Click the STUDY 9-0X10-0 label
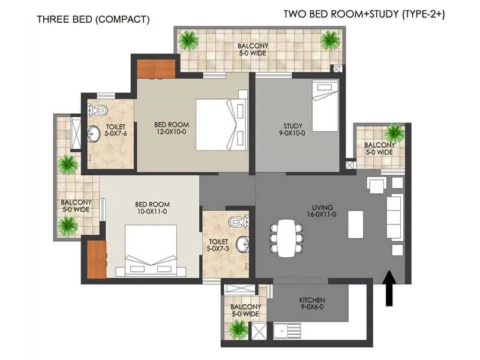pyautogui.click(x=295, y=130)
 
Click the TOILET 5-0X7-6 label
pyautogui.click(x=115, y=131)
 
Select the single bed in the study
pyautogui.click(x=325, y=106)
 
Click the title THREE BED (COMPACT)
pyautogui.click(x=93, y=19)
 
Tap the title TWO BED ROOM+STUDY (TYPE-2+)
pyautogui.click(x=364, y=14)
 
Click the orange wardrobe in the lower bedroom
pyautogui.click(x=96, y=260)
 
